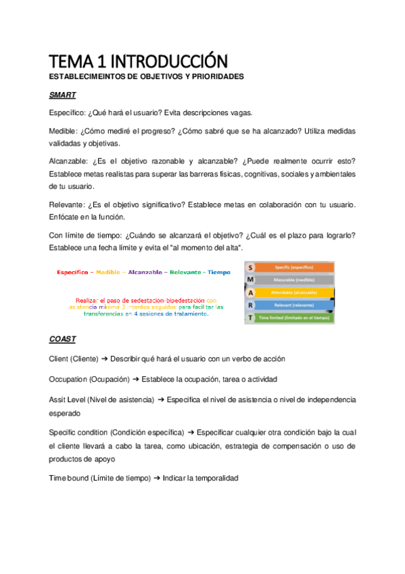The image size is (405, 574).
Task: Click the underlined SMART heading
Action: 62,95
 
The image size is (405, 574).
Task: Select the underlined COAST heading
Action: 62,338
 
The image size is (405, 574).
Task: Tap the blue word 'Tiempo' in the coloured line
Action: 219,272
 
